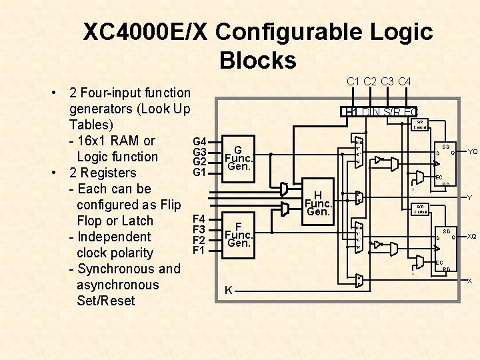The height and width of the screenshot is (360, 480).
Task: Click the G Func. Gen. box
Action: pyautogui.click(x=238, y=158)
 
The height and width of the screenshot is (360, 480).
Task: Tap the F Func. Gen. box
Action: pyautogui.click(x=238, y=235)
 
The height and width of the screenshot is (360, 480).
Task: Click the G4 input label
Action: pyautogui.click(x=199, y=142)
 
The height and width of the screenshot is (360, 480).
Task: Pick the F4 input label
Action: pyautogui.click(x=199, y=219)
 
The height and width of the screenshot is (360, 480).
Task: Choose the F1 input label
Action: pyautogui.click(x=199, y=251)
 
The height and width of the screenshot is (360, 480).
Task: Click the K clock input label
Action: pyautogui.click(x=229, y=291)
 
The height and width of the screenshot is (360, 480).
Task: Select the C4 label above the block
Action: pyautogui.click(x=405, y=81)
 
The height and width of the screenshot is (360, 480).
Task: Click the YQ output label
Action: pyautogui.click(x=472, y=151)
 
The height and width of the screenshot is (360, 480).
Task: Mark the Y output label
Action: pyautogui.click(x=470, y=198)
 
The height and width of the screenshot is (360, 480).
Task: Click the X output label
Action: pyautogui.click(x=469, y=281)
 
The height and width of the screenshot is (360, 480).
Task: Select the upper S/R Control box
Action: pyautogui.click(x=421, y=125)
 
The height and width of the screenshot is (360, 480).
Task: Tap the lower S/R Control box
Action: pyautogui.click(x=421, y=209)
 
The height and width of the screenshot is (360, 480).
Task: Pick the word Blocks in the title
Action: pyautogui.click(x=257, y=61)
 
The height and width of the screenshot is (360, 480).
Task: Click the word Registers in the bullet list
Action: pyautogui.click(x=117, y=173)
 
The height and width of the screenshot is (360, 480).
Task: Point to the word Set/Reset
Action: pyautogui.click(x=106, y=301)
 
